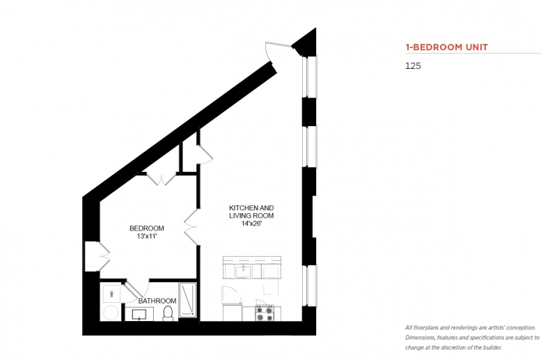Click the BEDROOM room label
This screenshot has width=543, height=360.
[146, 228]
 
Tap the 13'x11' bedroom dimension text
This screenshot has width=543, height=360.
[147, 236]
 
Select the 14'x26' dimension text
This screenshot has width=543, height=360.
[251, 224]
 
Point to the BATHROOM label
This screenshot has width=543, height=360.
[157, 301]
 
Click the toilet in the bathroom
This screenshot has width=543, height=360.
[168, 313]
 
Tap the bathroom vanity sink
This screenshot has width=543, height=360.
[139, 315]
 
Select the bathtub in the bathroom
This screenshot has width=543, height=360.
[188, 300]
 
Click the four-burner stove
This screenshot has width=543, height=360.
[265, 313]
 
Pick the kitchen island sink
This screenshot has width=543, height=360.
[244, 272]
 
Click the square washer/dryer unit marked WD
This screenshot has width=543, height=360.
[111, 294]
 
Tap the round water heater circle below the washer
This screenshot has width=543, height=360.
[111, 313]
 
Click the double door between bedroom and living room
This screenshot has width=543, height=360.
[191, 227]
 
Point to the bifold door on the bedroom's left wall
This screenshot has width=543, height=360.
[104, 257]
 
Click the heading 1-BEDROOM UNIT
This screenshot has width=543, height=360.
[447, 47]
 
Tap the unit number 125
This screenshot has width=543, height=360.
[413, 66]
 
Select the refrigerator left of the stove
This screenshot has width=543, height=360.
[232, 312]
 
